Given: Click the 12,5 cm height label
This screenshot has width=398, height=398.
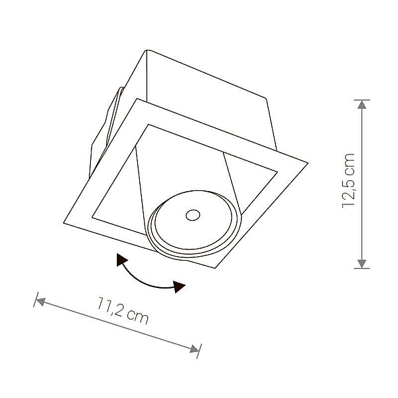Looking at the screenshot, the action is click(x=348, y=180).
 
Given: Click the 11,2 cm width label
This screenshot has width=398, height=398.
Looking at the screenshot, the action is click(x=123, y=310).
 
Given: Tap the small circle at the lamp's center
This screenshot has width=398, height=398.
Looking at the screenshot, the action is click(x=193, y=215).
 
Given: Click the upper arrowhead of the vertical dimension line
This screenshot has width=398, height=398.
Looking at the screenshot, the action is click(x=362, y=104).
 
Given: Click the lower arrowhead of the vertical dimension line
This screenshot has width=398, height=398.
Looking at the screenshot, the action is click(x=362, y=264).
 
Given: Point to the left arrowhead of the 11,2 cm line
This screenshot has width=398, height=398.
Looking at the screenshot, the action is click(x=40, y=302).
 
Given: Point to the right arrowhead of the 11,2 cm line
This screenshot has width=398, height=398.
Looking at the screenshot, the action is click(x=194, y=350).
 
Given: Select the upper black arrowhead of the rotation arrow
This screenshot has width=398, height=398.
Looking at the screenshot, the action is click(x=121, y=259).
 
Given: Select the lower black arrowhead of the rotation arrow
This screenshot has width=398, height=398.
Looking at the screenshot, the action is click(x=178, y=287).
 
